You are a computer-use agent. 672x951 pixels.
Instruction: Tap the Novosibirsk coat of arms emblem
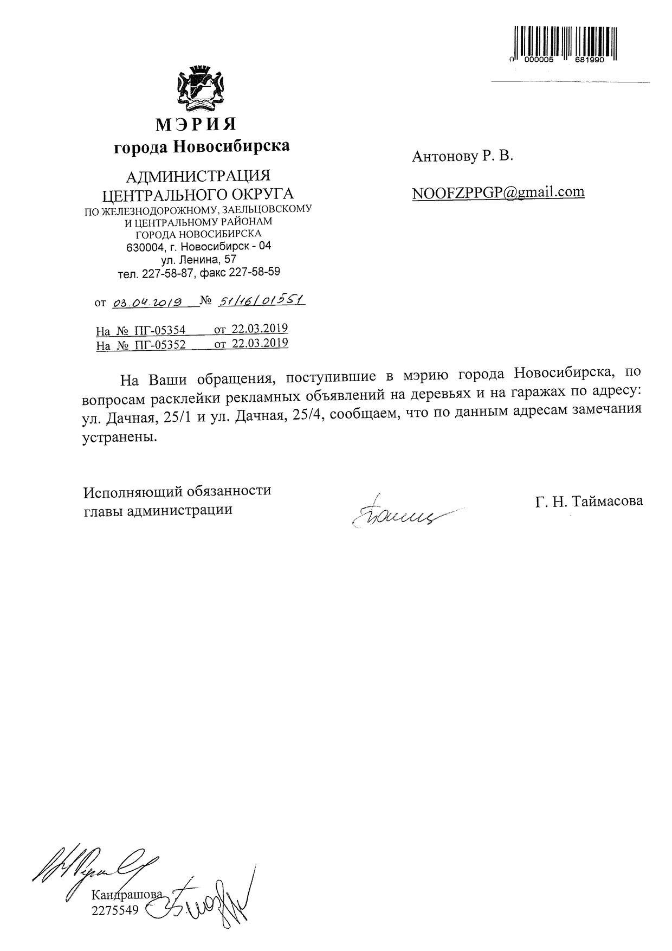click(200, 89)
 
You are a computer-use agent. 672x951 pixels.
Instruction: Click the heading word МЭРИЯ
click(196, 124)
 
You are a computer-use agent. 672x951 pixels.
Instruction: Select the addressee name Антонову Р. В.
click(462, 157)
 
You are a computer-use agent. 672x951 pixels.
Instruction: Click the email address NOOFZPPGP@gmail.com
click(498, 192)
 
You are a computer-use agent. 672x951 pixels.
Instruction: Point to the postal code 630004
click(141, 247)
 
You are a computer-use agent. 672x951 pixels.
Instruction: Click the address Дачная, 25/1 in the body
click(143, 418)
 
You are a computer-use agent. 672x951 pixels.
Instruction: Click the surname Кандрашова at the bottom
click(127, 894)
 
